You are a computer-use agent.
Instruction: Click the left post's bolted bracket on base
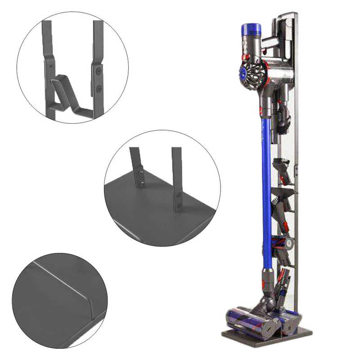tap(140, 177)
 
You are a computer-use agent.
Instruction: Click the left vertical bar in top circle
tap(46, 45)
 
